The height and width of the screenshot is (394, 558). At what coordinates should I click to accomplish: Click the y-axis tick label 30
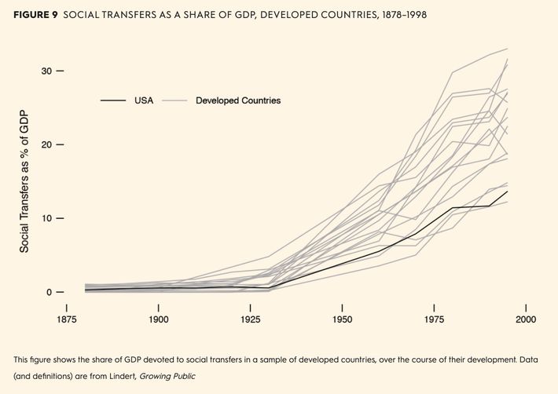pyautogui.click(x=46, y=71)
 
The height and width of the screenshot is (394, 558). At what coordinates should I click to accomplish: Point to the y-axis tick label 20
pyautogui.click(x=46, y=144)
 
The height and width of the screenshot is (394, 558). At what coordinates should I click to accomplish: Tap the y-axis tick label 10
pyautogui.click(x=46, y=218)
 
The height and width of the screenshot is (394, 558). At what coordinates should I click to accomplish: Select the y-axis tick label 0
pyautogui.click(x=50, y=292)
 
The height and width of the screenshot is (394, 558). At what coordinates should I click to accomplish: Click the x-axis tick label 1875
pyautogui.click(x=67, y=320)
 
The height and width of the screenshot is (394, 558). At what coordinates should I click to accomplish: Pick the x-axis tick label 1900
pyautogui.click(x=159, y=320)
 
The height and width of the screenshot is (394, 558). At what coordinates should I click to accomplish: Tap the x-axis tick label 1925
pyautogui.click(x=251, y=320)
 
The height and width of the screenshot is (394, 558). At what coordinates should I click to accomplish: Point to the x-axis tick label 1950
pyautogui.click(x=343, y=320)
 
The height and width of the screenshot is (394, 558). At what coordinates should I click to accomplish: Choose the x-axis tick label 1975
pyautogui.click(x=434, y=320)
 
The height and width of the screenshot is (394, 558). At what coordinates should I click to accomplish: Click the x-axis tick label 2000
pyautogui.click(x=526, y=320)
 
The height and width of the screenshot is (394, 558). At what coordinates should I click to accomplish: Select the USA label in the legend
pyautogui.click(x=144, y=100)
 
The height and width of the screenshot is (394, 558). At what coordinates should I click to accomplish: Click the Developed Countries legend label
pyautogui.click(x=238, y=100)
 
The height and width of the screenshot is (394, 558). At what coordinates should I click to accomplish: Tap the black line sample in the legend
pyautogui.click(x=113, y=100)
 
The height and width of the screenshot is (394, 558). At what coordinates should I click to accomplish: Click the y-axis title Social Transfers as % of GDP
pyautogui.click(x=24, y=181)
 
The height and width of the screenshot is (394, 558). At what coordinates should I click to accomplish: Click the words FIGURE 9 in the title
pyautogui.click(x=37, y=15)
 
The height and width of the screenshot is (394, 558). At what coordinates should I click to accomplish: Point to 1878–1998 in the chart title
pyautogui.click(x=397, y=15)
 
